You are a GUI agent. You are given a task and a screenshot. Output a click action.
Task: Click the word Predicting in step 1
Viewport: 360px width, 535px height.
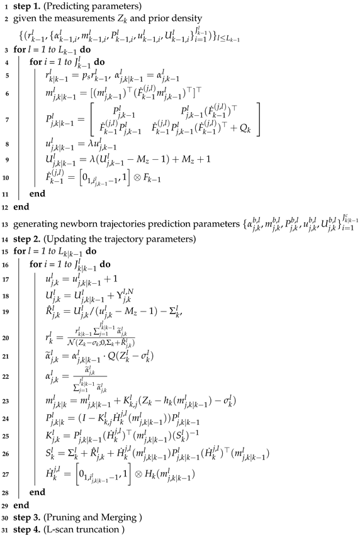[66, 7]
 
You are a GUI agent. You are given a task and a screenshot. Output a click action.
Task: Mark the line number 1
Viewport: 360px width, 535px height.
[6, 7]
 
